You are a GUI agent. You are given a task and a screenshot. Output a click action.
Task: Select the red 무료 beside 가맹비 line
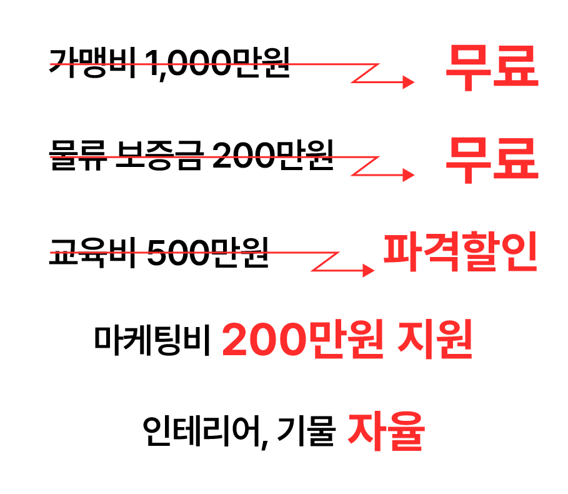[x=491, y=67]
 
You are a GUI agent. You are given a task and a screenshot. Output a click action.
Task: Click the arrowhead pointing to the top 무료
[x=409, y=82]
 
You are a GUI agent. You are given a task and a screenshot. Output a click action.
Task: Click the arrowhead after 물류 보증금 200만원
[x=409, y=175]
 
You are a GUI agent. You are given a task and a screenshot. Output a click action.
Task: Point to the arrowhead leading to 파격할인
[x=369, y=270]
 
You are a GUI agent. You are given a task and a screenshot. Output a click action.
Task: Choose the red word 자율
[x=386, y=430]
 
